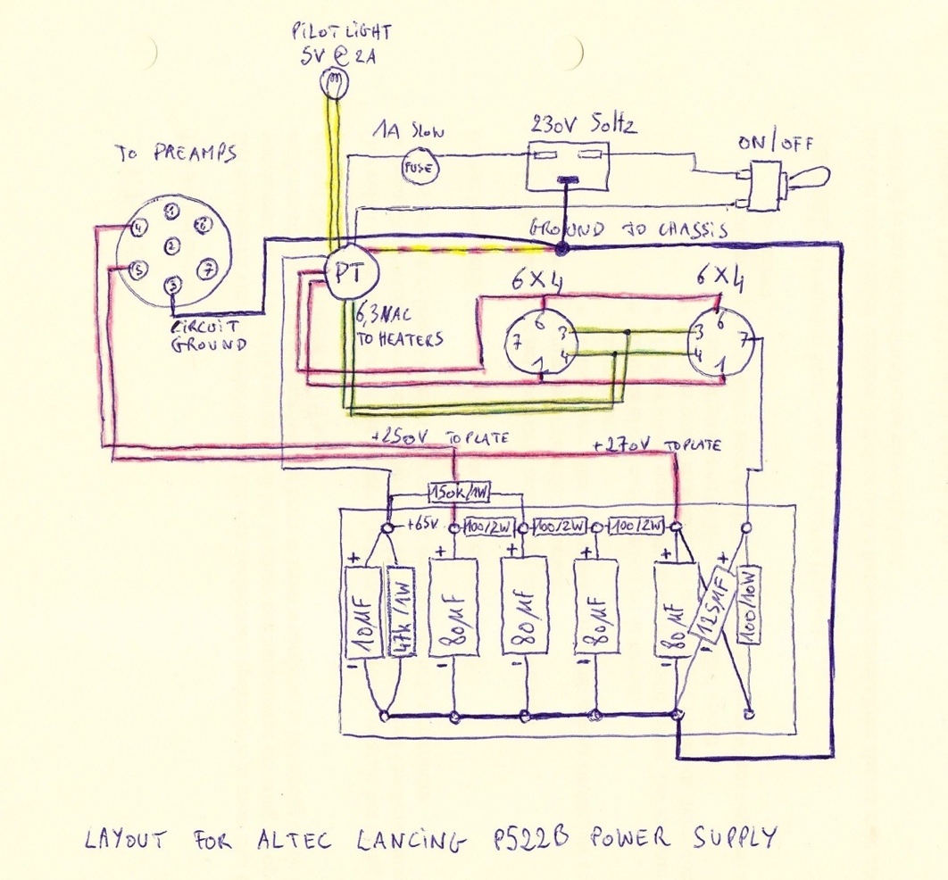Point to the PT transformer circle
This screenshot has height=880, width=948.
(345, 273)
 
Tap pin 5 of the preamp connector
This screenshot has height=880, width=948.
(138, 269)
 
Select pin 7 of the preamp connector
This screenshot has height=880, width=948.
(207, 267)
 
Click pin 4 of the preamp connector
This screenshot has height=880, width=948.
(138, 228)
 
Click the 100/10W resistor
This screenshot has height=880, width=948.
(747, 616)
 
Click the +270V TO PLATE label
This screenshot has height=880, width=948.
(656, 445)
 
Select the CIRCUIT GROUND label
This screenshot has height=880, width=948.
(207, 336)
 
